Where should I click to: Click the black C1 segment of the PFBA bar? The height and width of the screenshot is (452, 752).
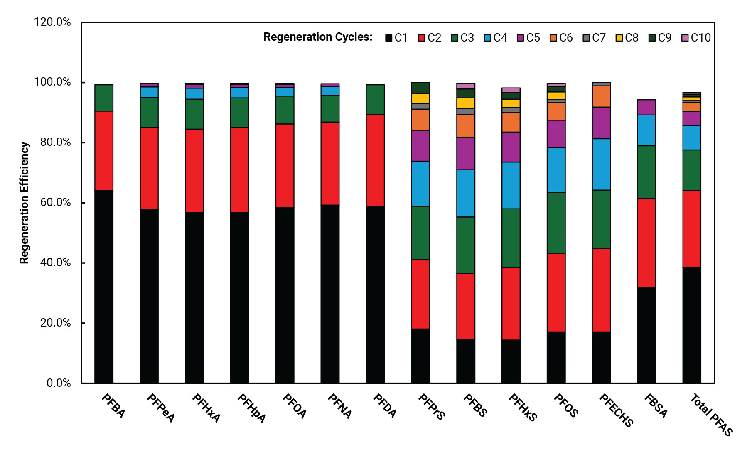104,286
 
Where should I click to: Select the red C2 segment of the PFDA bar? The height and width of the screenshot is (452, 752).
375,160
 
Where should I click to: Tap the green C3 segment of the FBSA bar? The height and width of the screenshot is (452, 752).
646,172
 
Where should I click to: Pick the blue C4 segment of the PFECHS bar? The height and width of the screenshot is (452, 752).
601,164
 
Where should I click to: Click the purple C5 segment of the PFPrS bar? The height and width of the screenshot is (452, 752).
420,146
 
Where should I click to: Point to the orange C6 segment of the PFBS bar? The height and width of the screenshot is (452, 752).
465,126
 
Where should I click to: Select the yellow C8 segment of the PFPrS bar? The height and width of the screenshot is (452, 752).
420,98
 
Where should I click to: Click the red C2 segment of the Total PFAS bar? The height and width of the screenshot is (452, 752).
691,228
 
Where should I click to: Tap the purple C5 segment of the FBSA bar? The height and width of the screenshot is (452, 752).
646,107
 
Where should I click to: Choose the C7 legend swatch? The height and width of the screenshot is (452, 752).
586,38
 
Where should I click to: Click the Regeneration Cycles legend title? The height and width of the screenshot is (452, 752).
318,37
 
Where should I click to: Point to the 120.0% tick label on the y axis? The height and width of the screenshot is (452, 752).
52,22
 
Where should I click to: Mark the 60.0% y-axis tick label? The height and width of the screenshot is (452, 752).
55,203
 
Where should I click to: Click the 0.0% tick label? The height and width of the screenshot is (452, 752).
59,383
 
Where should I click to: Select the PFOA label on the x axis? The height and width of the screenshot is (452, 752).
295,406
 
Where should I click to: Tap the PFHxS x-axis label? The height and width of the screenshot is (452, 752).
523,408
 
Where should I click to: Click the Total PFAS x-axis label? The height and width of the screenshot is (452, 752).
711,415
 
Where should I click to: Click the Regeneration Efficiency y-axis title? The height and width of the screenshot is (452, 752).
25,203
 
